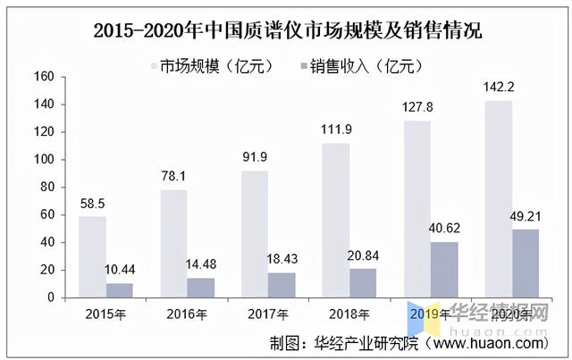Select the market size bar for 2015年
(x=92, y=256)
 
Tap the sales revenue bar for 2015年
(x=119, y=289)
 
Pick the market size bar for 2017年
(x=254, y=233)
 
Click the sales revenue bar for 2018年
(x=362, y=282)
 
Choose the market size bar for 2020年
(x=499, y=198)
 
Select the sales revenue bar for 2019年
(x=444, y=269)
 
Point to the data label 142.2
(x=499, y=88)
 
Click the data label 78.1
(x=173, y=177)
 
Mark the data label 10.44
(x=120, y=270)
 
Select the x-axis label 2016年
(x=187, y=314)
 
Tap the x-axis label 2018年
(x=349, y=314)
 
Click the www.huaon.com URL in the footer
(x=487, y=342)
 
